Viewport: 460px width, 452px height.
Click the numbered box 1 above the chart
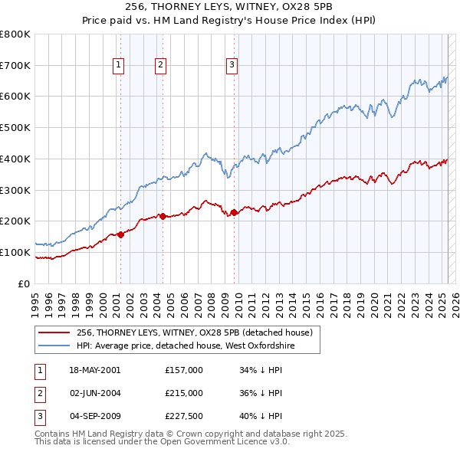click(x=120, y=66)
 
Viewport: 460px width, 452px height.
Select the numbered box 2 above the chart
click(x=161, y=66)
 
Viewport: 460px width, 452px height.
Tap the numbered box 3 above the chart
click(x=232, y=66)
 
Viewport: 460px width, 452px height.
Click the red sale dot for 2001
click(x=120, y=234)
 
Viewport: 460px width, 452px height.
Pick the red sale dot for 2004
click(x=162, y=216)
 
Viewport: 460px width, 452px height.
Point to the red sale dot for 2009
click(x=234, y=212)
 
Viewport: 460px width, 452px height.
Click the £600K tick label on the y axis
click(x=15, y=97)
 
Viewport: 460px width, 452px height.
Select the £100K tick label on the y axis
click(x=15, y=252)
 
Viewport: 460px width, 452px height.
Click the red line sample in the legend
click(x=54, y=333)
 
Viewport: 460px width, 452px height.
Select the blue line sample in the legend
click(x=54, y=346)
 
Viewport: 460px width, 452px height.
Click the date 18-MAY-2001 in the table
click(x=94, y=369)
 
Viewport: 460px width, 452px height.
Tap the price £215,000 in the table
click(x=184, y=393)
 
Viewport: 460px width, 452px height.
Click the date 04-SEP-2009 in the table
click(x=94, y=417)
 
